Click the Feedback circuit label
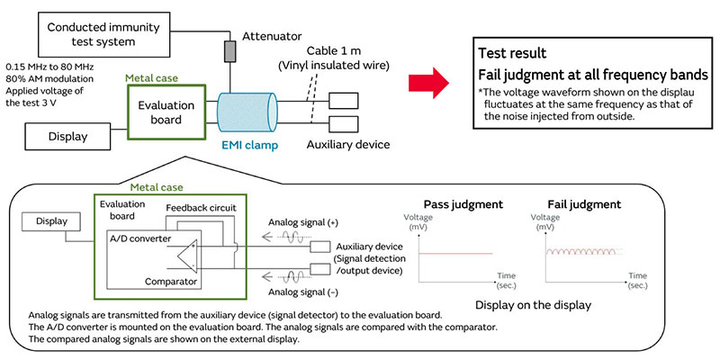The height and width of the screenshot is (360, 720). [202, 207]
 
